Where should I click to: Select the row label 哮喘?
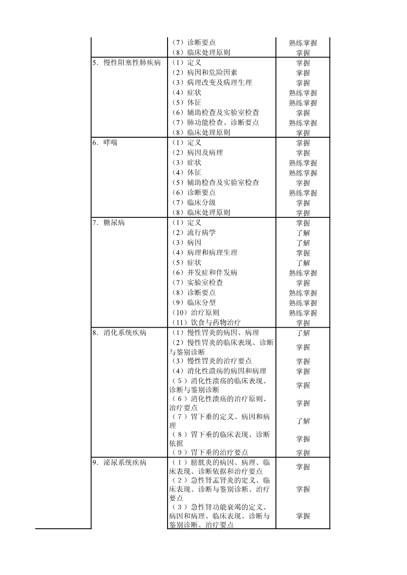pos(110,143)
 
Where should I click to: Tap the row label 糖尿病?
pos(114,223)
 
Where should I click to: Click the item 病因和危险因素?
pos(204,73)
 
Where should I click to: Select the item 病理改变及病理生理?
pos(211,83)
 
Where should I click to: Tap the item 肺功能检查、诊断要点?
pos(215,122)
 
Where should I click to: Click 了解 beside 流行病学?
pos(303,233)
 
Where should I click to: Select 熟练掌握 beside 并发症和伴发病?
pos(303,273)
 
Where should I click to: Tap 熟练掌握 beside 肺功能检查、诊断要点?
pos(303,123)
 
